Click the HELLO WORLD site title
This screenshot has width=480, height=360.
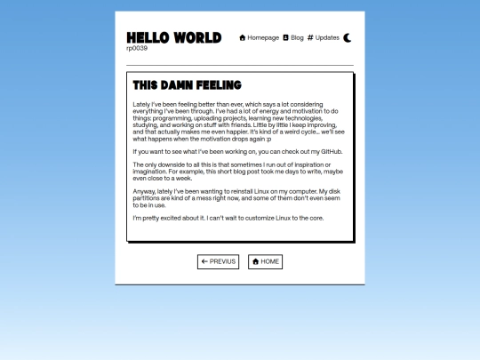173,37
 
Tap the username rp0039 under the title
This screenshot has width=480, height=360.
137,49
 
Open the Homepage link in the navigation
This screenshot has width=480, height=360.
263,38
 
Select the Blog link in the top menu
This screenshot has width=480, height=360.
297,38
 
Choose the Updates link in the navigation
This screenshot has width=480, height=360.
327,38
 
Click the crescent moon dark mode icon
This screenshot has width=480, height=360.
348,38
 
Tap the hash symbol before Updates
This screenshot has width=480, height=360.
310,38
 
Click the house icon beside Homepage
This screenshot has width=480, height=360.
243,38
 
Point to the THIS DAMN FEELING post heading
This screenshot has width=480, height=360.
187,85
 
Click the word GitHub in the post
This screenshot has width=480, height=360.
330,152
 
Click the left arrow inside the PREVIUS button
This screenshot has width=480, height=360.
204,261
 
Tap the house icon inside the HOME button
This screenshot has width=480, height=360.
255,261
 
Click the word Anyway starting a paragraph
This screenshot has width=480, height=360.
143,191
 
